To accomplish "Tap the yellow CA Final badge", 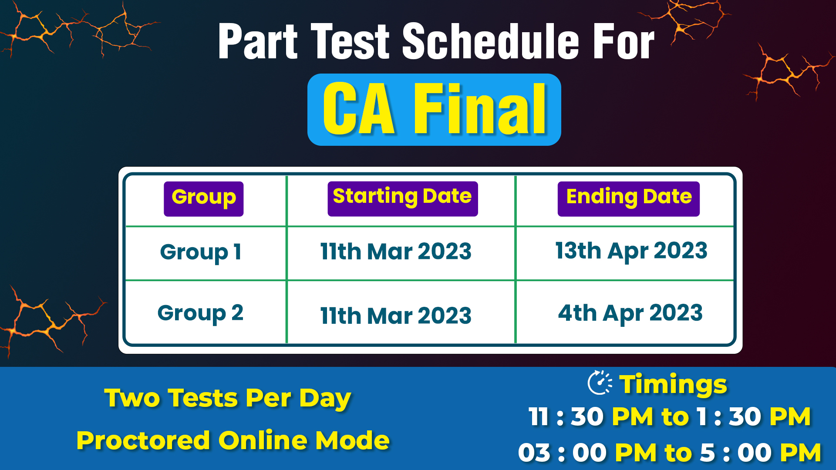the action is coord(434,109).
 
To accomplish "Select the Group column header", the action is coord(203,198).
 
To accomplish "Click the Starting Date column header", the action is coord(403,198).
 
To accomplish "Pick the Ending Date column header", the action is coord(629,198).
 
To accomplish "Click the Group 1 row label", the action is coord(201,252).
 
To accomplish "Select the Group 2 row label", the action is coord(200,313).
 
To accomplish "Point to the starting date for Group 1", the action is coord(396,252).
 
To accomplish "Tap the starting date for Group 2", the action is coord(396,316).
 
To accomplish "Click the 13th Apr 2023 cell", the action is coord(631,251).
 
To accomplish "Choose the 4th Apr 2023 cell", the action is coord(630,313).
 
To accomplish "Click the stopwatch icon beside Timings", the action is coord(600,383).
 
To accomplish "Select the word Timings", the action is coord(673,385).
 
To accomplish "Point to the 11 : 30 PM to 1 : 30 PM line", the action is coord(670,416).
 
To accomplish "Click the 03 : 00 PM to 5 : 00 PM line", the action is coord(670,453).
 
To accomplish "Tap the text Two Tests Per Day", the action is coord(227,398).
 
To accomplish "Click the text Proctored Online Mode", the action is coord(233,440).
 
